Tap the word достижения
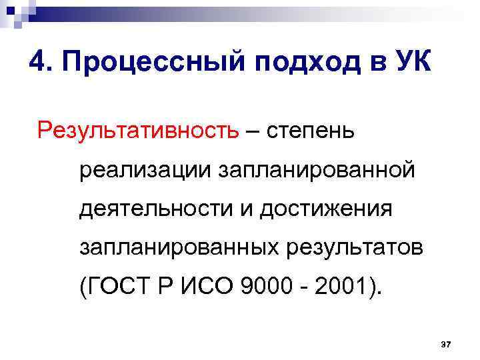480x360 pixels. (x=325, y=210)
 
